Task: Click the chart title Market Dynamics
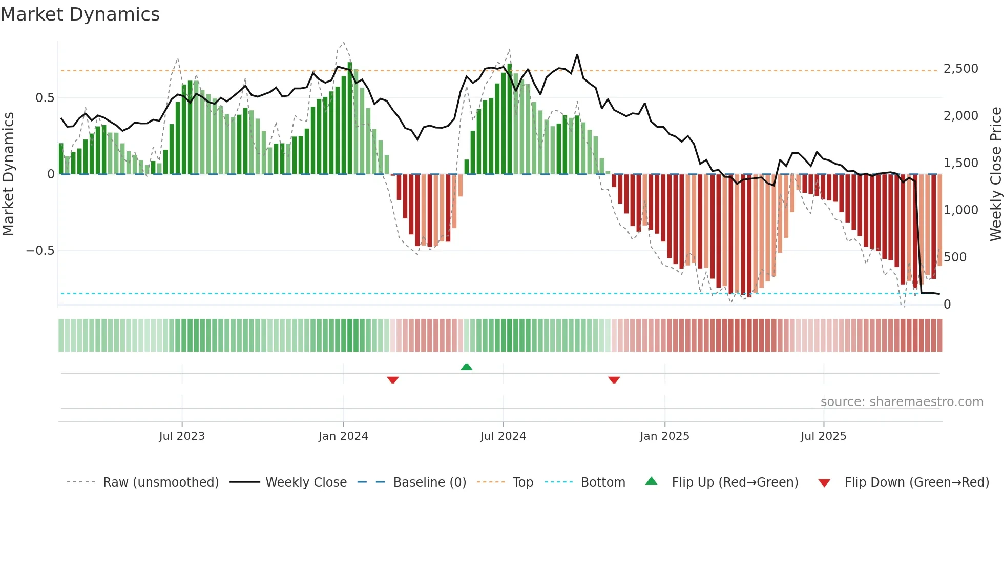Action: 80,14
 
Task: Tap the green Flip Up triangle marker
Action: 466,367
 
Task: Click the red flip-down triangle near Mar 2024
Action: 393,380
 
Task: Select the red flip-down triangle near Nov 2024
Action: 614,380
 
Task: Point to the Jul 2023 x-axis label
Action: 182,436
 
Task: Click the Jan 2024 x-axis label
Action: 343,436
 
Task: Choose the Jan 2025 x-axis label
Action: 664,436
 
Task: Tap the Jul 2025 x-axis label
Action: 823,436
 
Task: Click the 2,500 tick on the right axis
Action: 960,69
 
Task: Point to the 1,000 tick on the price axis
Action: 960,210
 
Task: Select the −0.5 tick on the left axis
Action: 40,251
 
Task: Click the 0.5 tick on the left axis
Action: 45,98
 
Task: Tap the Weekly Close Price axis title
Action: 995,174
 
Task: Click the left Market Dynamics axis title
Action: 8,174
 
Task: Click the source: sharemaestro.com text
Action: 902,402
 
